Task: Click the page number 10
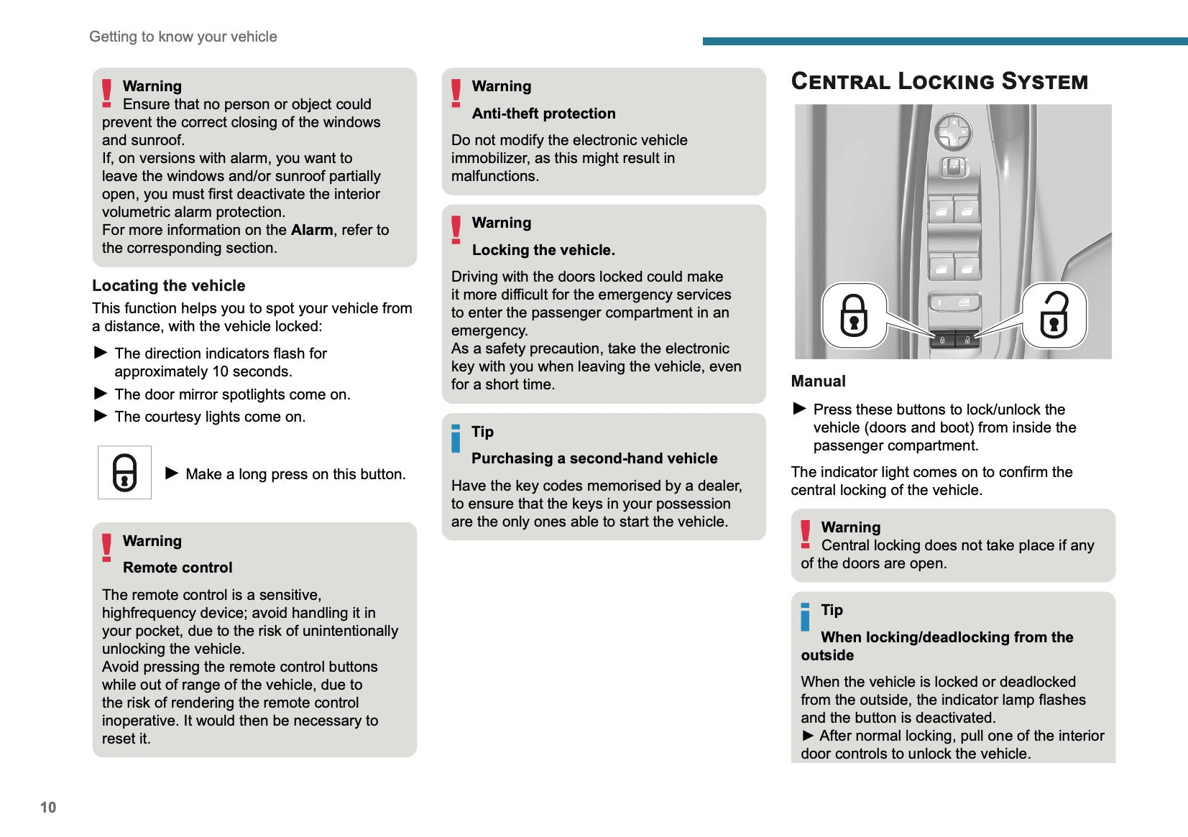[48, 808]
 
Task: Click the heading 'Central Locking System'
[939, 81]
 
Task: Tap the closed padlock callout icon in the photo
[854, 315]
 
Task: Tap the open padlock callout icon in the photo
[1054, 315]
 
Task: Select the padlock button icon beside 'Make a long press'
[124, 472]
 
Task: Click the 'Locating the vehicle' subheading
[169, 286]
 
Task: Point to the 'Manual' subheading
[818, 381]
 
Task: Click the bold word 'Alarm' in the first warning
[312, 230]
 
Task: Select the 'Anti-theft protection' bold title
[543, 114]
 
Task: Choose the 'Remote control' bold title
[178, 568]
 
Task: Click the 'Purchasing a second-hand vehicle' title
[594, 458]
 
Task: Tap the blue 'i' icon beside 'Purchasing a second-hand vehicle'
[456, 439]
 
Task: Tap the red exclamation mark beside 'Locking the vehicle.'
[456, 230]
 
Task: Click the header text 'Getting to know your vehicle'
[183, 37]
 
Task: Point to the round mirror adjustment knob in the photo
[953, 132]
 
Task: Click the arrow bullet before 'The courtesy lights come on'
[101, 416]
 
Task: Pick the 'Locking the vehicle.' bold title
[543, 250]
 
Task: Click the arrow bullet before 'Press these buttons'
[799, 409]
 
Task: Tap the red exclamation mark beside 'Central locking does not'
[806, 535]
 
